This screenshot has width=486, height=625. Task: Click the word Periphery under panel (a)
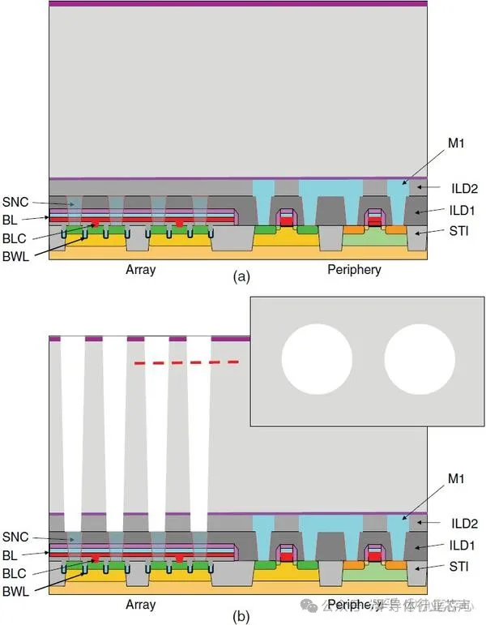[x=354, y=269]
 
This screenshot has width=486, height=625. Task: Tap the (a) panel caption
[x=241, y=277]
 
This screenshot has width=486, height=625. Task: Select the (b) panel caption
[x=241, y=617]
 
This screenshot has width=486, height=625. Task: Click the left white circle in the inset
[x=317, y=361]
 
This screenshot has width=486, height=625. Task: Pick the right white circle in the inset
[x=420, y=361]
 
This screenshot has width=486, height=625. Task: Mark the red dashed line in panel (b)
[x=186, y=362]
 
